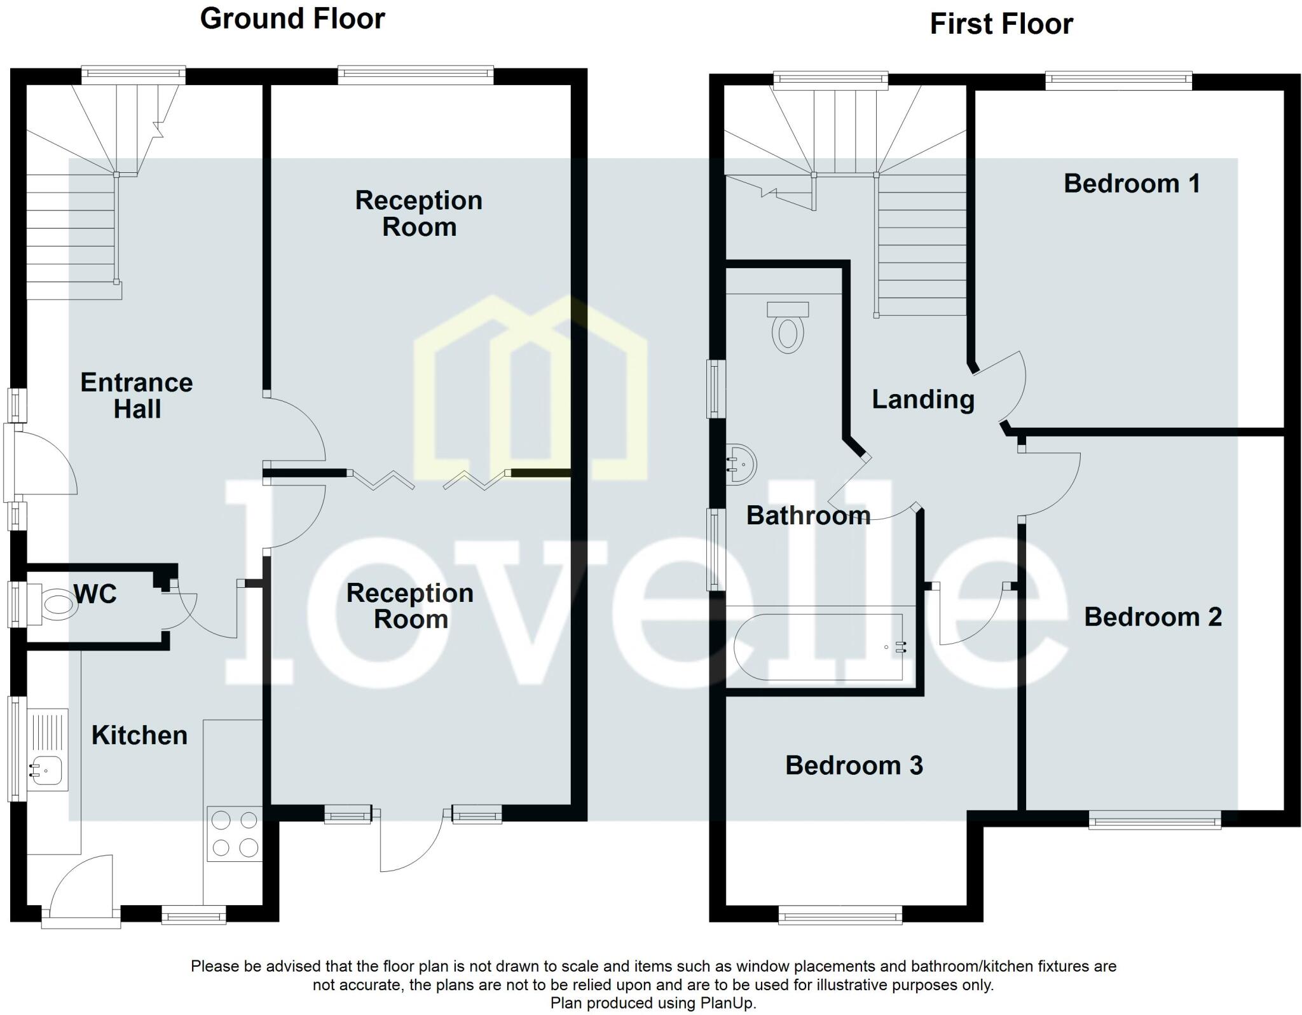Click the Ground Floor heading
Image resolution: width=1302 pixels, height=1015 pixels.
[x=292, y=19]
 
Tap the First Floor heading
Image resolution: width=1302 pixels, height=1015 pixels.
[x=1001, y=24]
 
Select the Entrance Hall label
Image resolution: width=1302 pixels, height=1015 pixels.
[x=137, y=395]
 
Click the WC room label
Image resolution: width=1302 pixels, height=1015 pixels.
[x=95, y=594]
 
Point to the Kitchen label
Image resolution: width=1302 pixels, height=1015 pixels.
[x=139, y=735]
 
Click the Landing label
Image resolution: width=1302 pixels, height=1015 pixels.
[x=922, y=399]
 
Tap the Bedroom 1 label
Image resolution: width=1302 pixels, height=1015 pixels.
[x=1132, y=184]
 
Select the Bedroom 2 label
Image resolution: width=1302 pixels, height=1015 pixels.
[x=1153, y=617]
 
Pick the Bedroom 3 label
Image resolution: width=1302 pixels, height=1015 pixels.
[x=854, y=765]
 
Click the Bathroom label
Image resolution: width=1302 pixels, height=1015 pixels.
[x=808, y=515]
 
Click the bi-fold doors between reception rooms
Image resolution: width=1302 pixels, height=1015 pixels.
[x=429, y=480]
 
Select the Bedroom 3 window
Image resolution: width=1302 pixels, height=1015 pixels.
[x=840, y=916]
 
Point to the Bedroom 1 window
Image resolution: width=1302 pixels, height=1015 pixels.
[x=1118, y=79]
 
